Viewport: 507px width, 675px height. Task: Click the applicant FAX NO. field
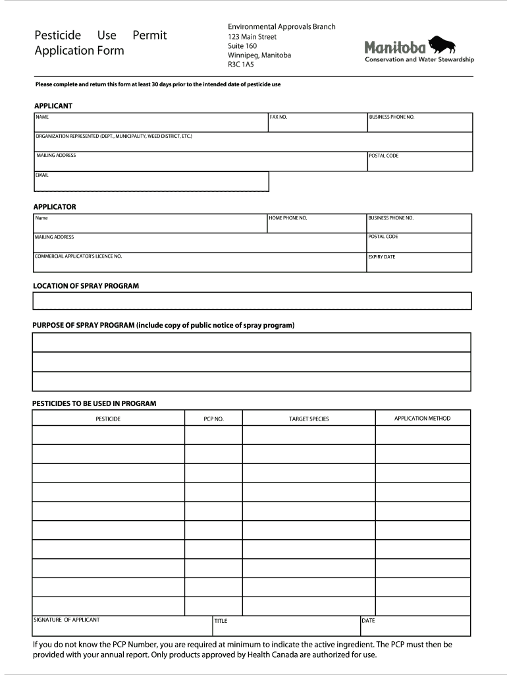[x=317, y=123]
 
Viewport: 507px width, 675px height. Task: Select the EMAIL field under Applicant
[x=151, y=182]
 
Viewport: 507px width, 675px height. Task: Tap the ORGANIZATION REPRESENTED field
[x=253, y=142]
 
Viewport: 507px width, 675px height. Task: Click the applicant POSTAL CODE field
[x=419, y=162]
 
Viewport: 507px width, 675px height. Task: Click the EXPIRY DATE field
[x=419, y=263]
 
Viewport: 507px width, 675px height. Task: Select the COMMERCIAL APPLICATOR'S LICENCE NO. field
[x=200, y=262]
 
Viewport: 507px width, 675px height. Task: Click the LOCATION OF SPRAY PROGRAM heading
[x=86, y=286]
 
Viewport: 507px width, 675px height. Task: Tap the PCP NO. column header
[x=213, y=419]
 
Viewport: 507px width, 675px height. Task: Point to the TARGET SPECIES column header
[x=309, y=419]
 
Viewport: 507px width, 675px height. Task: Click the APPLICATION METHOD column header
[x=422, y=419]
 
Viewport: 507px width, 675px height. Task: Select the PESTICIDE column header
[x=108, y=419]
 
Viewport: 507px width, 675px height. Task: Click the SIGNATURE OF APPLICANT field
[x=122, y=626]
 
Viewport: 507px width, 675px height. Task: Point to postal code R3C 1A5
[x=241, y=65]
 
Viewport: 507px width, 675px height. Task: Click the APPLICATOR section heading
[x=55, y=207]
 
